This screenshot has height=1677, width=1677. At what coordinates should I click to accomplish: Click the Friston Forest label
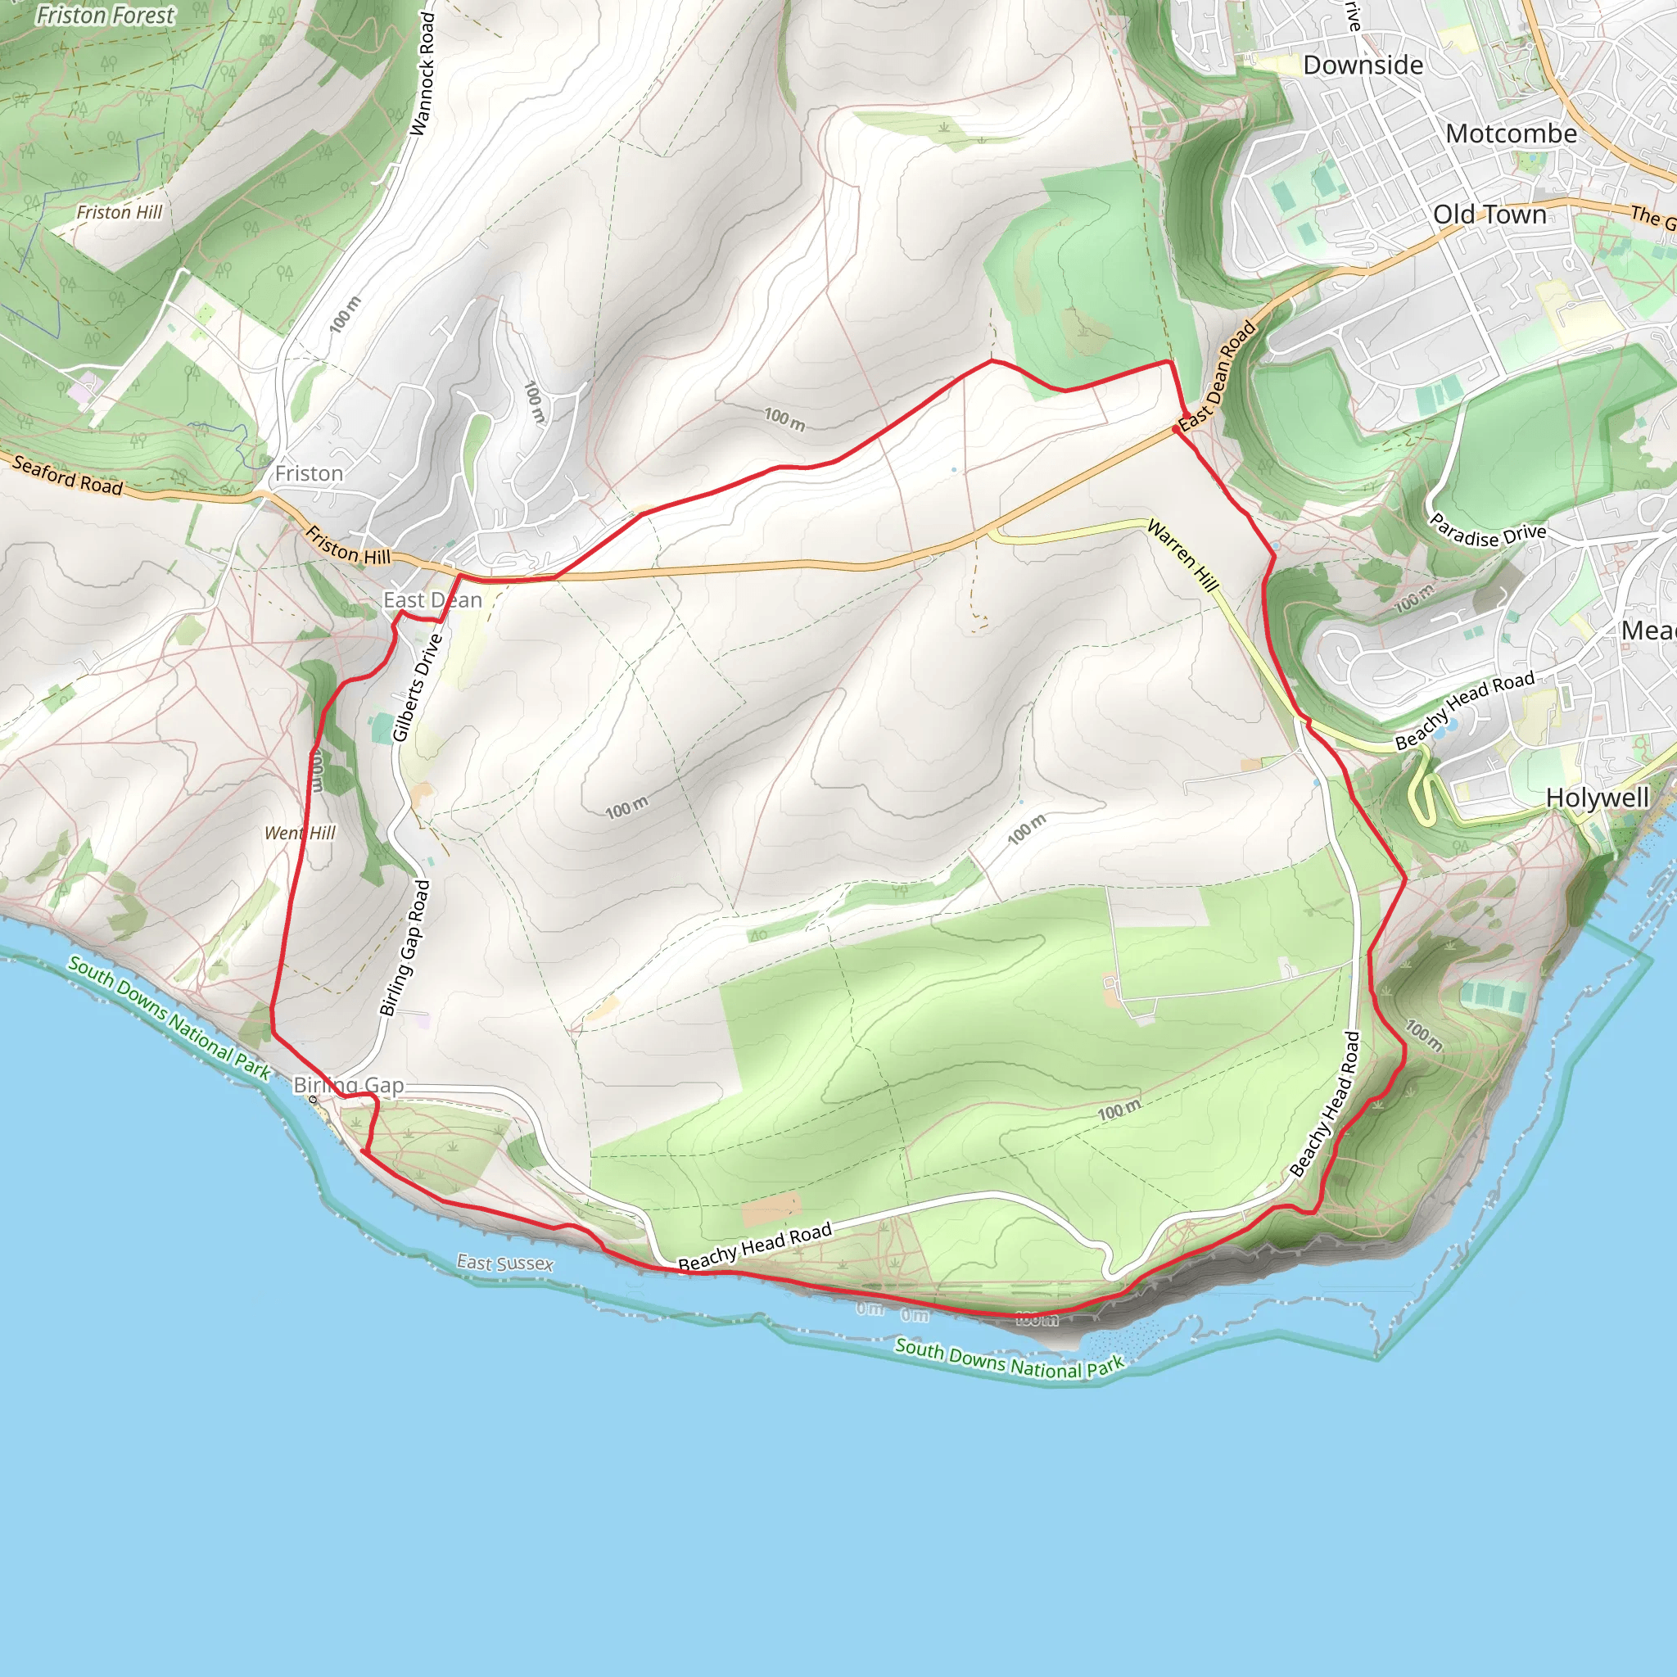pos(105,16)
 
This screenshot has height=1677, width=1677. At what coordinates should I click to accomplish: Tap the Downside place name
pos(1363,66)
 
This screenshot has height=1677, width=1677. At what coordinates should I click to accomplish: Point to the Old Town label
pos(1489,215)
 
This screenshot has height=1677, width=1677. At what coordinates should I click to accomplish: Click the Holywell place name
pos(1597,798)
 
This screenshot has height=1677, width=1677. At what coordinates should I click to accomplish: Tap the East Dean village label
pos(432,599)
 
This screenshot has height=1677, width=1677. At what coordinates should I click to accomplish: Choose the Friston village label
pos(309,473)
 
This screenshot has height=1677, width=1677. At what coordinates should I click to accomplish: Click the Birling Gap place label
pos(349,1085)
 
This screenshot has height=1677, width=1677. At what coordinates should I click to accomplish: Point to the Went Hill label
pos(301,834)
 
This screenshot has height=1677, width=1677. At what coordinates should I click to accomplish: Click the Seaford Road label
pos(68,476)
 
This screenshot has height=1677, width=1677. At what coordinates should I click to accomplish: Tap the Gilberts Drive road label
pos(418,689)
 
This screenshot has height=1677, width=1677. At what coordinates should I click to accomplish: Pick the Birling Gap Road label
pos(405,948)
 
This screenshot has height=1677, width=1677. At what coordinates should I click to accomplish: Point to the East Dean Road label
pos(1218,376)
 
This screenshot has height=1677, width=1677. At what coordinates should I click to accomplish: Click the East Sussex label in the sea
pos(505,1263)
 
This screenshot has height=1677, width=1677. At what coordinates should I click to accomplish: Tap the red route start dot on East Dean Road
pos(1176,430)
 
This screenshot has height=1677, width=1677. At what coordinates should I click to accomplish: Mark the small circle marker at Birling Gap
pos(314,1100)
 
